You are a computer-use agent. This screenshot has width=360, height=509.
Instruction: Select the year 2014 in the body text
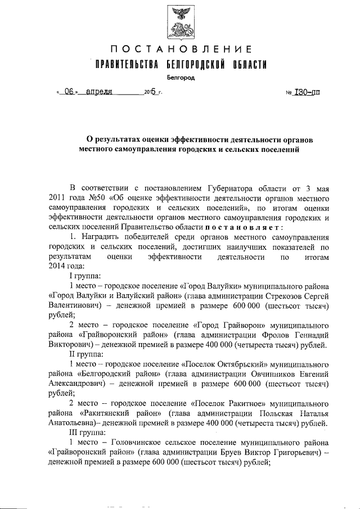tap(58, 267)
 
